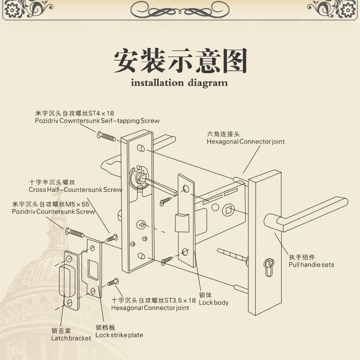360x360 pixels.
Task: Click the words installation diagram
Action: point(179,83)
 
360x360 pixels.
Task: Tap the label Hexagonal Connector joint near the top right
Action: point(246,141)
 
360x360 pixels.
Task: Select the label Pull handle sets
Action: point(311,265)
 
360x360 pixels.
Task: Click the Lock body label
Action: point(214,302)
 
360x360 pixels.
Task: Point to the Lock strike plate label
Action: point(119,335)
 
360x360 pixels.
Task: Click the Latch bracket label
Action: point(71,338)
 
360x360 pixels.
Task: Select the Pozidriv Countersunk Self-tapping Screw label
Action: point(97,121)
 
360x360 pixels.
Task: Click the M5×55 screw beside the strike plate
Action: point(75,233)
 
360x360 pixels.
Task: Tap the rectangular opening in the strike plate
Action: point(94,270)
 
